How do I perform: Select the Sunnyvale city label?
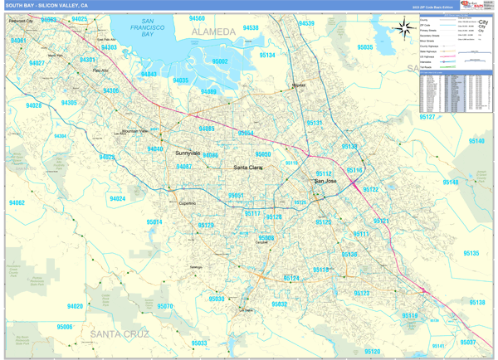[188, 153]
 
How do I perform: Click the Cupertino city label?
[188, 202]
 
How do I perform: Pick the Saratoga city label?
[196, 267]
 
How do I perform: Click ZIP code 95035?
[364, 47]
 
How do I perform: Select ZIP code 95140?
[476, 141]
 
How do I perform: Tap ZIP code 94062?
[17, 202]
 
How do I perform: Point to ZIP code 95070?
[165, 307]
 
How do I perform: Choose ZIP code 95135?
[471, 252]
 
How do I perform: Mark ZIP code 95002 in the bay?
[220, 61]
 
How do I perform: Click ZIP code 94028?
[33, 105]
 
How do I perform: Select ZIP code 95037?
[468, 342]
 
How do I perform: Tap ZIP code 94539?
[306, 23]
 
